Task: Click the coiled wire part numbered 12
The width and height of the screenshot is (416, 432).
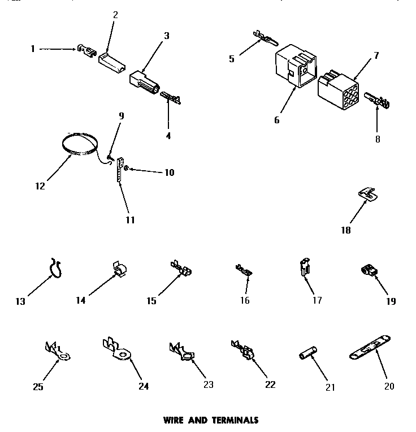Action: (79, 142)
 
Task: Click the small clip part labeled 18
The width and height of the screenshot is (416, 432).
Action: (367, 195)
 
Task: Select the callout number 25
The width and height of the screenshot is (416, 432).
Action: (38, 387)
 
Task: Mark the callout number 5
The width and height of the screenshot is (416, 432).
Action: (232, 58)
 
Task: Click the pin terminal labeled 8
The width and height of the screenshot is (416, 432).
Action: (377, 103)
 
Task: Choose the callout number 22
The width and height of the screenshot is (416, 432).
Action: (270, 385)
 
